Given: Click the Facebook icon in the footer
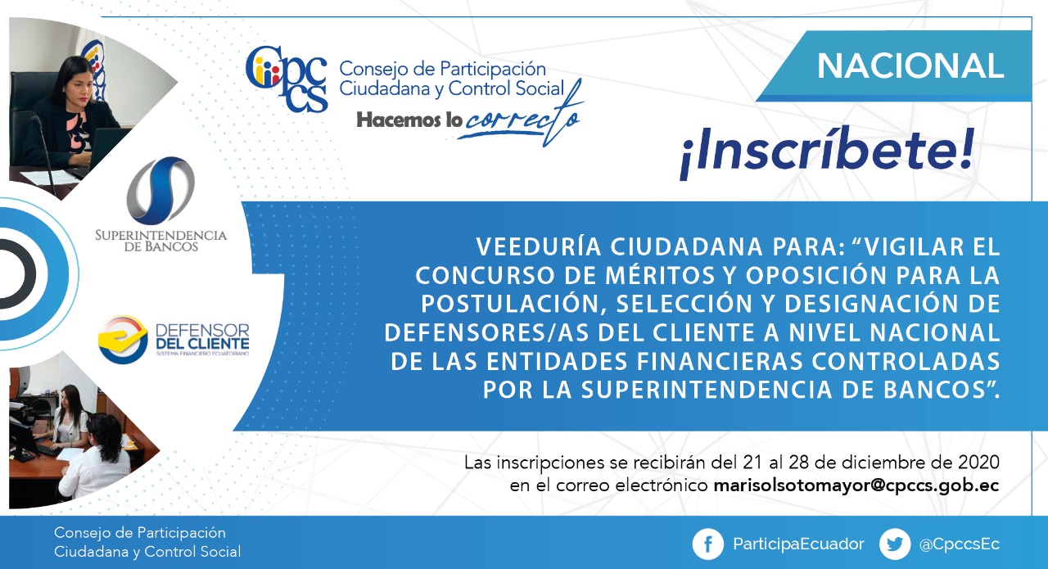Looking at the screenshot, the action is coord(708,544).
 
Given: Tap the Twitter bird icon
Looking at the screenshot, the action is coord(895,544).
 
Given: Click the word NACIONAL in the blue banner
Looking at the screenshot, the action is coord(910,66).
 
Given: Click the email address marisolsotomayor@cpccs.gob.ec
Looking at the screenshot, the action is coord(856,485).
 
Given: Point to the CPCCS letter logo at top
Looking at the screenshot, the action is coord(287,79).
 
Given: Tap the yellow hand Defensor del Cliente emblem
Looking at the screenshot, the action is coord(123,340).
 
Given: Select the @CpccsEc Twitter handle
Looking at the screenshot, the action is coord(960,544).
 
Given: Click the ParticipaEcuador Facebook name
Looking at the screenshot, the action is coord(798,544).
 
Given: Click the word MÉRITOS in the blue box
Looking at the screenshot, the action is coord(660,275).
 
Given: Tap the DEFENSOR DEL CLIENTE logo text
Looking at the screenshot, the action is coord(202,337).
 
